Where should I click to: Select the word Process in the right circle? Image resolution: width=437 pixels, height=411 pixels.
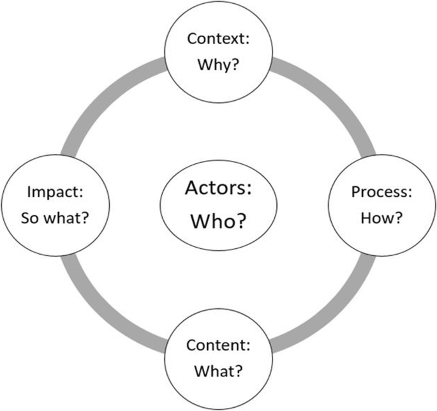tap(379, 193)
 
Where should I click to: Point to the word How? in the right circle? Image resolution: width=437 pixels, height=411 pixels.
tap(381, 218)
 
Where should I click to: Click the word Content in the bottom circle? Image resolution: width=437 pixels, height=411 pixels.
tap(213, 345)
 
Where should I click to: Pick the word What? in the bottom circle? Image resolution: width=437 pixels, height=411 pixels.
tap(218, 371)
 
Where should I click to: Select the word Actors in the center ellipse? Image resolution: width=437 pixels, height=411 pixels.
tap(218, 189)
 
